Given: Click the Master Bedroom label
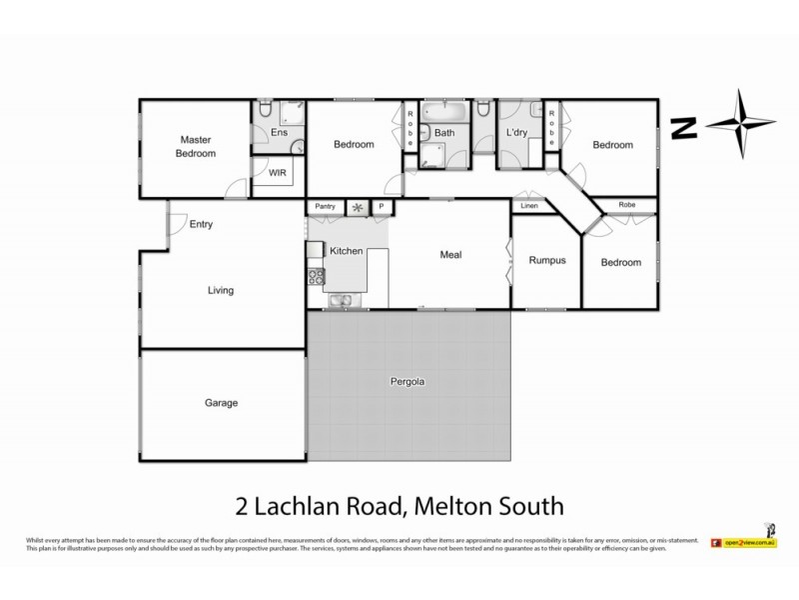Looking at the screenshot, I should [x=196, y=147].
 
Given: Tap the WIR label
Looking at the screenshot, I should [x=277, y=172].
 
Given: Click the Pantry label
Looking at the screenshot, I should [x=325, y=207].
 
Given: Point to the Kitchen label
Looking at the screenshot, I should [x=347, y=252].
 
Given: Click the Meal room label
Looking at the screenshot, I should [x=450, y=254].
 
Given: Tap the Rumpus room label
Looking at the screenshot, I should [x=546, y=260].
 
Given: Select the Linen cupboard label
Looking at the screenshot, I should [x=529, y=206].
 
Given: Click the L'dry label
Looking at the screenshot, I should [x=516, y=133].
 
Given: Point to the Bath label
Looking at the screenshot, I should [x=444, y=133].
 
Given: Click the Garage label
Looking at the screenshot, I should [x=221, y=403].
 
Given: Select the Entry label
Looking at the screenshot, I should [x=201, y=224].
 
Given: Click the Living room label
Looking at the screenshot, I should [x=220, y=291].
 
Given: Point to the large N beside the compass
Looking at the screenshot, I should [x=683, y=127].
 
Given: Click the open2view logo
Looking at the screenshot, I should [x=744, y=542].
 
